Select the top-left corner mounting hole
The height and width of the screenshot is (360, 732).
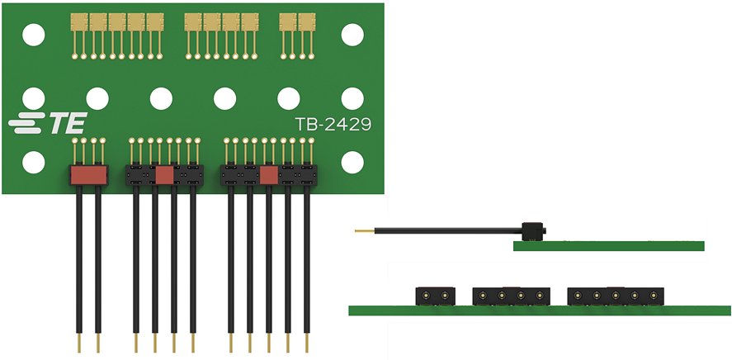click(x=33, y=35)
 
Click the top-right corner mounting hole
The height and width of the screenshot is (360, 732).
click(x=352, y=35)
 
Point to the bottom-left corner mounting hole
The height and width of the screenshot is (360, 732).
click(x=33, y=162)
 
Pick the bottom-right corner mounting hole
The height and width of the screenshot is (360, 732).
click(x=352, y=162)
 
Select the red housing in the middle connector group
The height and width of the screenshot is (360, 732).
click(x=164, y=175)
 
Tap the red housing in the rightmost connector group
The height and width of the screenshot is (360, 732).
click(x=268, y=175)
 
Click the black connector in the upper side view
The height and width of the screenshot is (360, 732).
click(x=531, y=230)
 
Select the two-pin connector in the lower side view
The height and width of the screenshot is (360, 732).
click(x=435, y=296)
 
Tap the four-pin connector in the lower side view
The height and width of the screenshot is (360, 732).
click(x=510, y=296)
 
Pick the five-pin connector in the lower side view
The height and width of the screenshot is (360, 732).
click(x=615, y=296)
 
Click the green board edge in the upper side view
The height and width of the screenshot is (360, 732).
click(x=608, y=246)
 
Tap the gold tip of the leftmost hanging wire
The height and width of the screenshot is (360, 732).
click(x=78, y=343)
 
